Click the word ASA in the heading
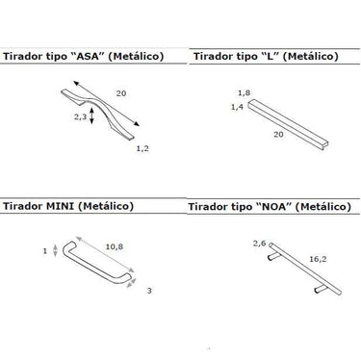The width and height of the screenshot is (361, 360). [88, 56]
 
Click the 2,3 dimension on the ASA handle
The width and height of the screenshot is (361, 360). [80, 116]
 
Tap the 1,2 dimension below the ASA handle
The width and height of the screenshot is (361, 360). [142, 148]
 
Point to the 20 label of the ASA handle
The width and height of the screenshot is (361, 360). [121, 93]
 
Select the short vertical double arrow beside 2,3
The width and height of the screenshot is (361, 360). [92, 116]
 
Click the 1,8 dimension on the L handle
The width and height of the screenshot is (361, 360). [244, 93]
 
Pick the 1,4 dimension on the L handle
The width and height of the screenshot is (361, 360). [237, 107]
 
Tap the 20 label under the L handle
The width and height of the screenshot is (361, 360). [278, 134]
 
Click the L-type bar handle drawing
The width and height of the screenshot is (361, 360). [288, 124]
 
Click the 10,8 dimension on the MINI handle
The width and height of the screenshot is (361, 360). [115, 246]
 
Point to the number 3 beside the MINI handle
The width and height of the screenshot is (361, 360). [149, 291]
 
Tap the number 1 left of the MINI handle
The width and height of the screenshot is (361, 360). [45, 250]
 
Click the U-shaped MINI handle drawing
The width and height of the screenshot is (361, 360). [96, 265]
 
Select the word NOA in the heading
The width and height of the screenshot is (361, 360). [273, 206]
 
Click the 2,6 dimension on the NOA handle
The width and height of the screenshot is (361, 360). [259, 244]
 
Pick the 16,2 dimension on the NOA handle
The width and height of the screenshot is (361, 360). [318, 259]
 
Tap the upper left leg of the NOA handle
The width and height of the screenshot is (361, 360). [274, 256]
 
